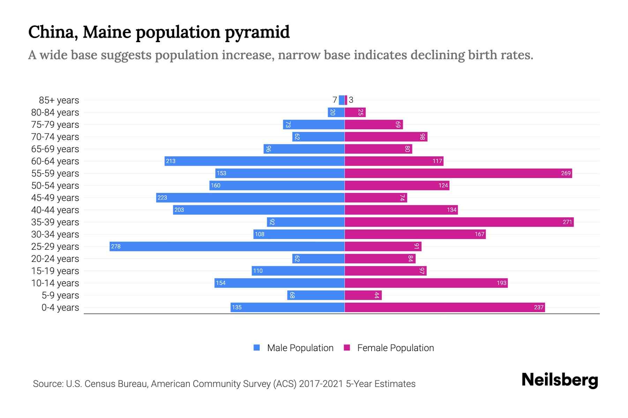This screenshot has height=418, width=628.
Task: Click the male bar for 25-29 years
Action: [227, 246]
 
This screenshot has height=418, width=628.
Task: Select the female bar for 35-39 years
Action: [459, 222]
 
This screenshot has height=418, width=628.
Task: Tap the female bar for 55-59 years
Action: [458, 173]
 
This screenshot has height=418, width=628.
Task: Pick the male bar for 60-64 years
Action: [255, 161]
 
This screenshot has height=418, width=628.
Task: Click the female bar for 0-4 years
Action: [445, 307]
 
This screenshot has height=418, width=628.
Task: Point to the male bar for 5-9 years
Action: [316, 295]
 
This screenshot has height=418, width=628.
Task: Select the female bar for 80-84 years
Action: [355, 112]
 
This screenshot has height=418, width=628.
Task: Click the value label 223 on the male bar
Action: [162, 198]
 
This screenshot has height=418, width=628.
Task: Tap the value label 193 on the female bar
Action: [501, 283]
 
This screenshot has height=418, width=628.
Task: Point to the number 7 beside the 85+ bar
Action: [335, 100]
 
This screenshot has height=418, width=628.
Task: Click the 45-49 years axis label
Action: [55, 198]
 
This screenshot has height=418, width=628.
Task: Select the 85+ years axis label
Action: [59, 100]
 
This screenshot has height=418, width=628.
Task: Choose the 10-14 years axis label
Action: [55, 283]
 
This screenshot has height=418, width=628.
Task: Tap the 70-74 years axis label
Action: [55, 137]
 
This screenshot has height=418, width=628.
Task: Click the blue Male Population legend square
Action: [257, 348]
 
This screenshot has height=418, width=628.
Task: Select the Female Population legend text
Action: [395, 348]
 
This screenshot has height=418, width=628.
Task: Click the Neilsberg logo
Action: [560, 380]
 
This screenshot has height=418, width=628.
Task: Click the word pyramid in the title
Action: [257, 32]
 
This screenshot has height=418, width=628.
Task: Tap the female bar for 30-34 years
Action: [415, 234]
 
